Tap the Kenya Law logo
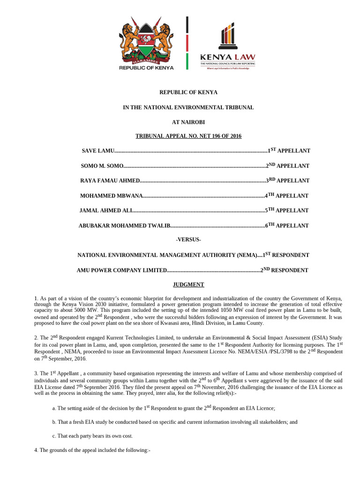tap(228, 47)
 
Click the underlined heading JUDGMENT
tap(188, 285)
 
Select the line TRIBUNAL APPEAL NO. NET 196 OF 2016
tap(188, 136)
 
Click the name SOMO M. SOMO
tap(102, 166)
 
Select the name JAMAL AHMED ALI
tap(106, 211)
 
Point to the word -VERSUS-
tap(188, 240)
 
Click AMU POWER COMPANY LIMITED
tap(122, 270)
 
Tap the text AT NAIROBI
tap(188, 122)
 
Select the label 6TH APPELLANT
tap(287, 225)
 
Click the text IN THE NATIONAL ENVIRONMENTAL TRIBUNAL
tap(188, 107)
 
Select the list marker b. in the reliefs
tap(54, 422)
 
